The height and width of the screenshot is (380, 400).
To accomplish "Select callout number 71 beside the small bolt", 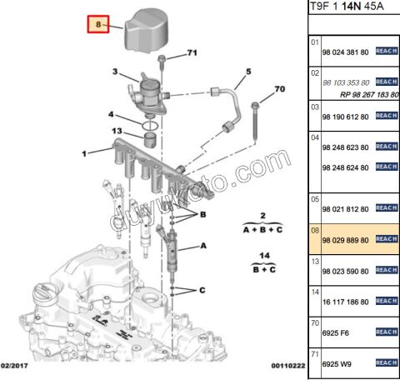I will (191, 53).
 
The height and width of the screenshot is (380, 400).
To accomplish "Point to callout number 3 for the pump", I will (116, 73).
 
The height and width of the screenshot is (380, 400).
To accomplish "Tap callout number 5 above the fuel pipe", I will (247, 72).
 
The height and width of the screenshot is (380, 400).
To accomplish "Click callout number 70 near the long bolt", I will (279, 88).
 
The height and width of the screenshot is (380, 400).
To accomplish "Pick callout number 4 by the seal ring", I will (111, 114).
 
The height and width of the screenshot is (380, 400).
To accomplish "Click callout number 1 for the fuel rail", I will (84, 153).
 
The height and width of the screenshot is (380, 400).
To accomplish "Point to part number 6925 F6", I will (337, 332).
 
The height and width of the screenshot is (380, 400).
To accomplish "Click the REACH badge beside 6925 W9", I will (386, 363).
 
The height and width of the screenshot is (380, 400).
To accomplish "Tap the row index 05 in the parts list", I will (315, 198).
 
